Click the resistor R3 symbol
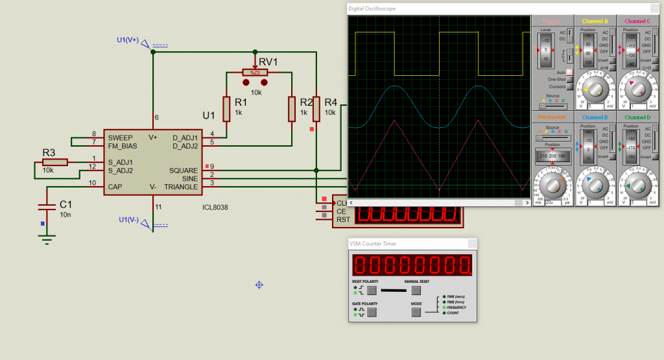coord(55,162)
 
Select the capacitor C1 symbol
coord(47,207)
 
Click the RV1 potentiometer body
coord(255,73)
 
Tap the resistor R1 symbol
coord(226,109)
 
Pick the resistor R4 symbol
coord(316,109)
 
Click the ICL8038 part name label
coord(215,208)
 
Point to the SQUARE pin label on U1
coord(184,171)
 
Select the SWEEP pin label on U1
coord(121,138)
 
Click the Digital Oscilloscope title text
coord(372,8)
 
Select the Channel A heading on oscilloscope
coord(595,21)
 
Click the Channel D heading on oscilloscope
coord(637,117)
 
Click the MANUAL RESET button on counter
coord(416,291)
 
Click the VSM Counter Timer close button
coord(472,244)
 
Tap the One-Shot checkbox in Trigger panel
coord(569,79)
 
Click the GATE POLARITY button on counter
coord(372,313)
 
